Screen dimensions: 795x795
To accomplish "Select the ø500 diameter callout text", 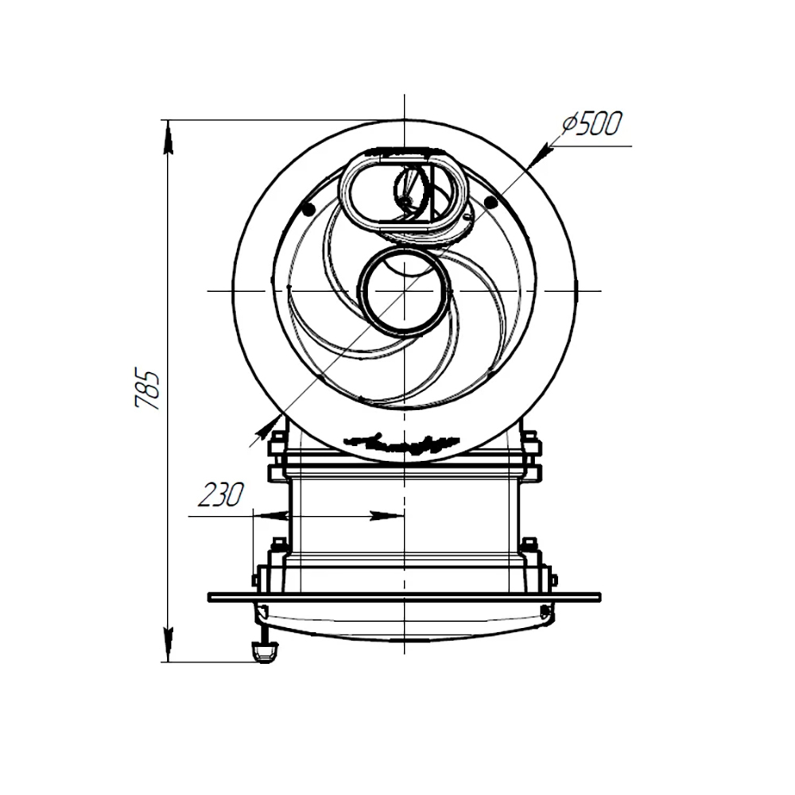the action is (x=591, y=124).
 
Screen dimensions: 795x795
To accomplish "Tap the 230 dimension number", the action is (x=220, y=494).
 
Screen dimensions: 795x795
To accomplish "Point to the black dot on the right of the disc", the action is (x=490, y=202).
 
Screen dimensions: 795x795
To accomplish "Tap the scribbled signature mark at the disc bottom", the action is (x=402, y=441).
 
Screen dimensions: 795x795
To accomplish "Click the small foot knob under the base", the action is (x=264, y=651).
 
